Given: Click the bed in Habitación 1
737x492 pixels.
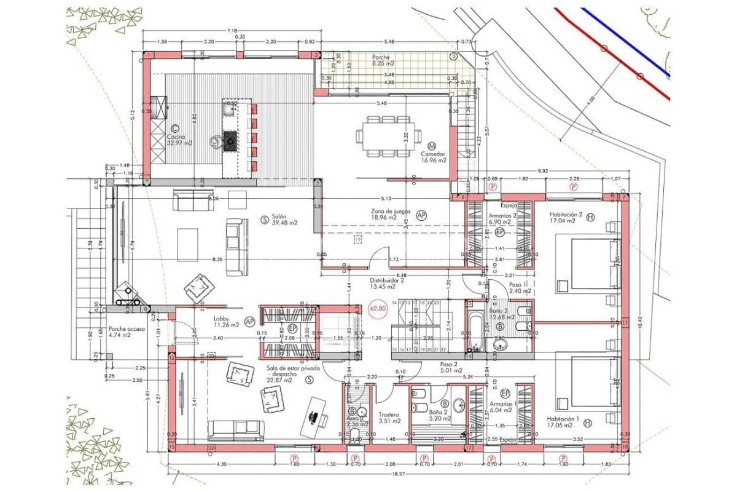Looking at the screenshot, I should pyautogui.click(x=590, y=381).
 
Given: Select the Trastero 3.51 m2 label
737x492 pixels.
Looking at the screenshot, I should pyautogui.click(x=389, y=418).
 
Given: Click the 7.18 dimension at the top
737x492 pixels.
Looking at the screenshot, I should pyautogui.click(x=231, y=30).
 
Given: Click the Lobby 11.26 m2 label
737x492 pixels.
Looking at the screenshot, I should pyautogui.click(x=222, y=322).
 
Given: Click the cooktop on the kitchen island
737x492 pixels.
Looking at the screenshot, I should pyautogui.click(x=230, y=141).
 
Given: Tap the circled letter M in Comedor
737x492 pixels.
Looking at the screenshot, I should pyautogui.click(x=432, y=146).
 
